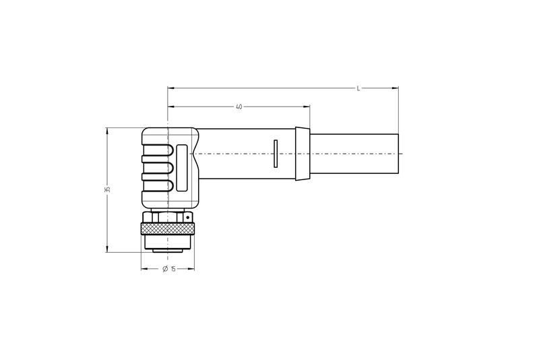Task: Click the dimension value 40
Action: click(239, 107)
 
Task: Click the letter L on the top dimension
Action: click(358, 88)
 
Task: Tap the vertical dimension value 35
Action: click(107, 189)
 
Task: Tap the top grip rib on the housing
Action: click(157, 149)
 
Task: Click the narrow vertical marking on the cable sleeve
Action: click(274, 154)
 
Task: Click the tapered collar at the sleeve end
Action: click(303, 154)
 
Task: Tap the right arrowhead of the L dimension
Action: click(395, 88)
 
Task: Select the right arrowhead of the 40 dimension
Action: click(307, 107)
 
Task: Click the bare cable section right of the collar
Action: click(354, 154)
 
